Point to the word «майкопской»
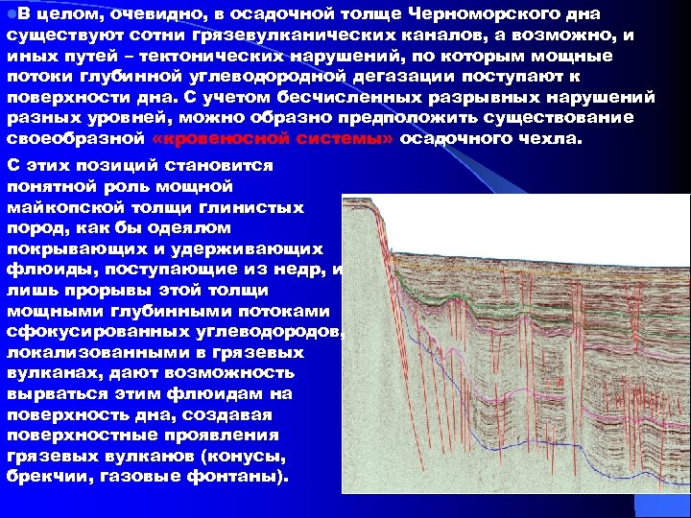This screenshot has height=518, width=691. point(66,207)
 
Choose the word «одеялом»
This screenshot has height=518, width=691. point(182,228)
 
